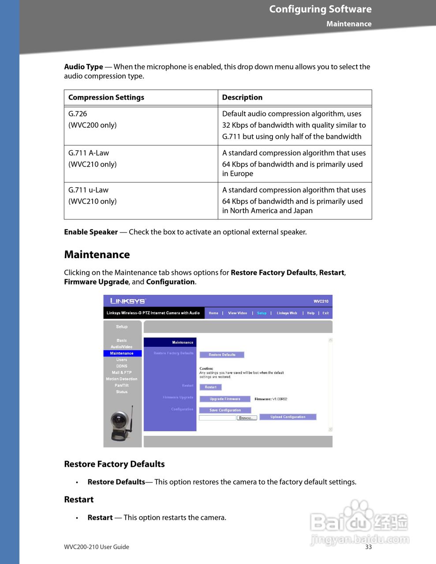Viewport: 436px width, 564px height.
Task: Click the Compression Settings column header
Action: [106, 97]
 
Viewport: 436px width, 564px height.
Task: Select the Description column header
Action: [242, 97]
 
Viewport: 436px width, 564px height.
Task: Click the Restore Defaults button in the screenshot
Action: [222, 355]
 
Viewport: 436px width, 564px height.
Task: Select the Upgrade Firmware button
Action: [225, 399]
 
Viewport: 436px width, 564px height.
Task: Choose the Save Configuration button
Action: [225, 410]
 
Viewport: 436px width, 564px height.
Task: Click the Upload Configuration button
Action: [287, 417]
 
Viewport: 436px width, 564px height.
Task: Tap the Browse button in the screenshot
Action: [246, 418]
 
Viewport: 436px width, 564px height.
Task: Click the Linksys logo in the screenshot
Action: [127, 301]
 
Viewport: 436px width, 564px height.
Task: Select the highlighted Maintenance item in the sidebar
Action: [122, 353]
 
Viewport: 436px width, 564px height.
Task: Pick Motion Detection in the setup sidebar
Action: [122, 379]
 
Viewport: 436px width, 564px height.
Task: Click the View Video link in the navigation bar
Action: [237, 313]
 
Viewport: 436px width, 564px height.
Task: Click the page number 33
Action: [368, 547]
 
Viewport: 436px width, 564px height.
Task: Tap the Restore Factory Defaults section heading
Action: [114, 464]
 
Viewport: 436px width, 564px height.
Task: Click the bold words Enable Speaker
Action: [91, 232]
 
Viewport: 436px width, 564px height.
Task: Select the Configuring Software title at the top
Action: [320, 9]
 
